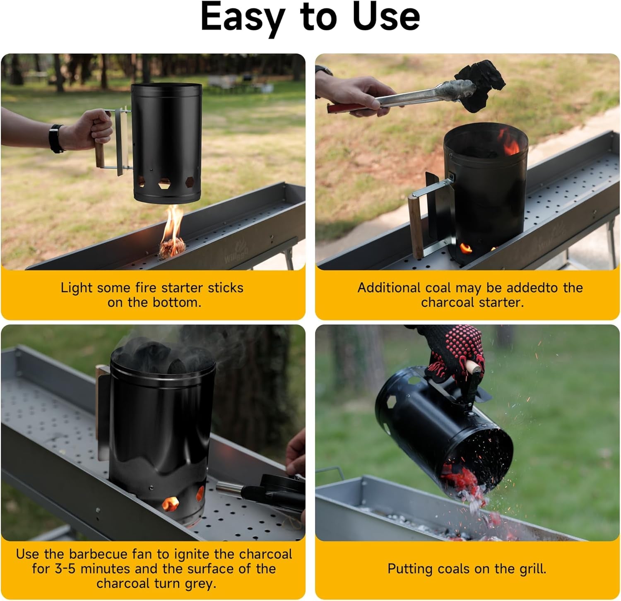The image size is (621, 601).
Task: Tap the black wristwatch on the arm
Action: click(56, 139)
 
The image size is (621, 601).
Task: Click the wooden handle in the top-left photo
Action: click(100, 153)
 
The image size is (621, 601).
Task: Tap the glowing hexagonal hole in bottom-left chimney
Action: click(170, 503)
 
